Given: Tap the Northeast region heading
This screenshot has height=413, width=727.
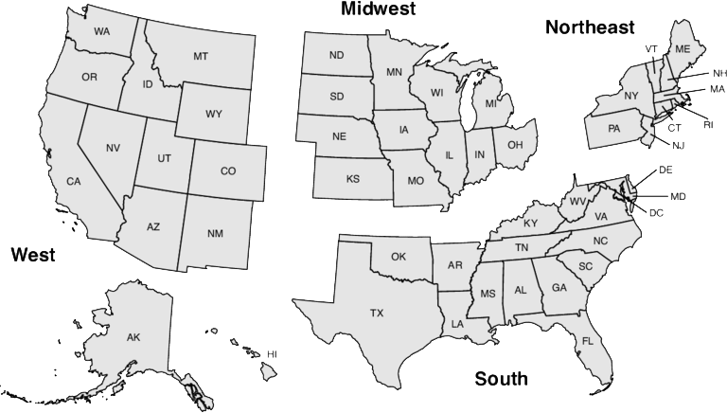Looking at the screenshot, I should (589, 28).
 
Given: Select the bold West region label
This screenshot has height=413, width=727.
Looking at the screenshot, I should (32, 255).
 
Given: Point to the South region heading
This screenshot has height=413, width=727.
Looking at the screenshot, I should (501, 380).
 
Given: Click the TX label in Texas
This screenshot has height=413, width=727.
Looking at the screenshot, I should (377, 313).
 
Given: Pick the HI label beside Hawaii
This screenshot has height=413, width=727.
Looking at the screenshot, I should (272, 353).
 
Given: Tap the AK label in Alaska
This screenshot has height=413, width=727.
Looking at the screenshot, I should (133, 337).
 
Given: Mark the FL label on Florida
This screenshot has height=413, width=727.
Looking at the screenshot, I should (587, 341).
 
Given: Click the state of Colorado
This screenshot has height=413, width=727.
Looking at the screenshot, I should (227, 171).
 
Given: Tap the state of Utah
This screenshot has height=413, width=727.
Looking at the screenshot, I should (163, 159).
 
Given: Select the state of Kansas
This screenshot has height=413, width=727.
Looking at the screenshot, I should (352, 178).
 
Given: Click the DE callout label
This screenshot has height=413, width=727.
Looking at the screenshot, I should (665, 171).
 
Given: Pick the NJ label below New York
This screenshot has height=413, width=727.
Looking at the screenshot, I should (679, 145).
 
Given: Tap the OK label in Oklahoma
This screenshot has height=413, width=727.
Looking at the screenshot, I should (399, 257).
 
